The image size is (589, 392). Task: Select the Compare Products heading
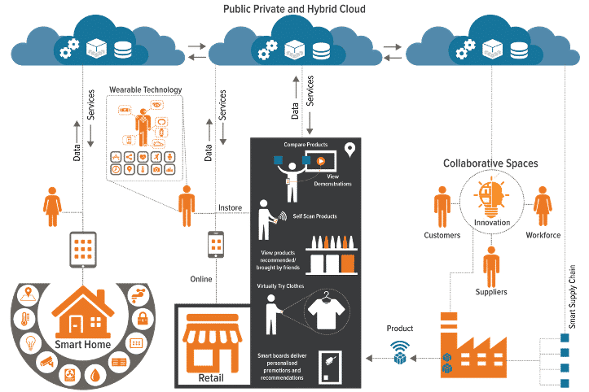pos(305,145)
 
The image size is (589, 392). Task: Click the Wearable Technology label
pos(146,89)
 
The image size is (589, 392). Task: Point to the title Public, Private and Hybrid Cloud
pos(293,8)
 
